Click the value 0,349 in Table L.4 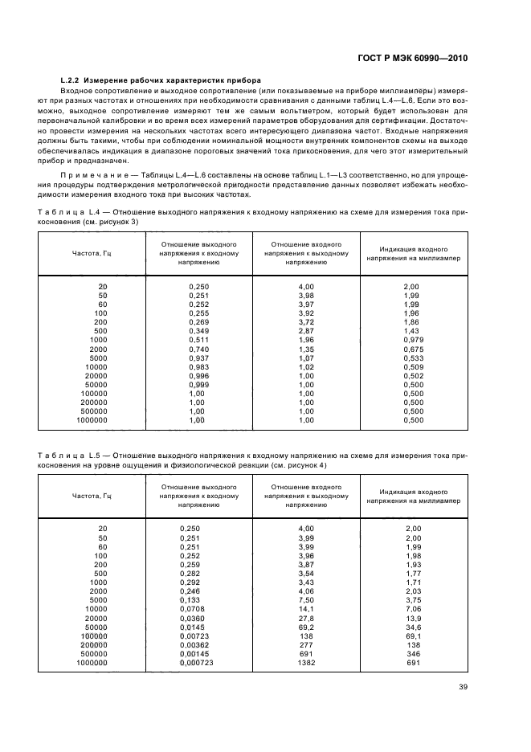point(198,331)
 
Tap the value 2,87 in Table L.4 point(305,331)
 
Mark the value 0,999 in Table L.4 point(198,386)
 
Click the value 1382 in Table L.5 point(306,663)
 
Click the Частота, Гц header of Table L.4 point(92,253)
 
